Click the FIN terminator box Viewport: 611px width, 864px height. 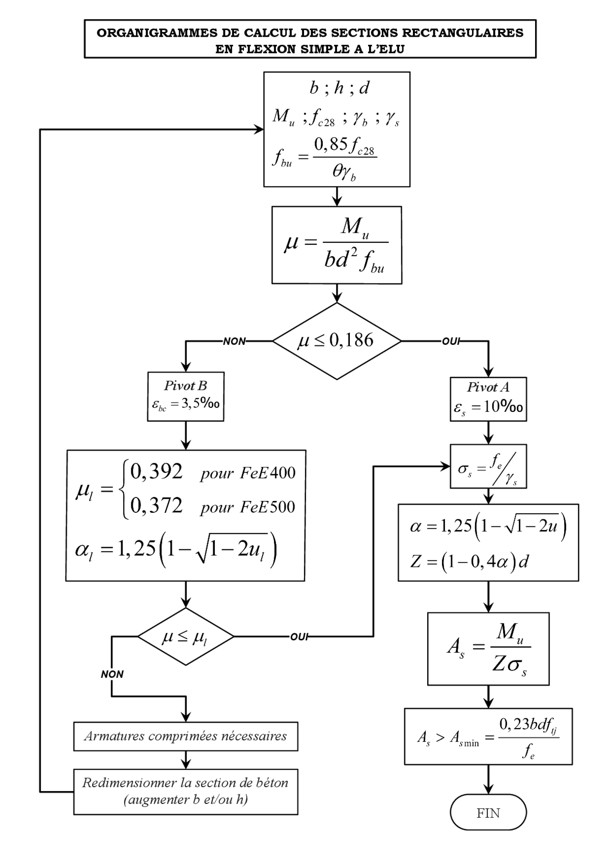(x=488, y=812)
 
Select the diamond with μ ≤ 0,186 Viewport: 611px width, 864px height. (x=337, y=341)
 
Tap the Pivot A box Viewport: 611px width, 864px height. (x=488, y=399)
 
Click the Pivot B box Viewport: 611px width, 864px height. (x=186, y=396)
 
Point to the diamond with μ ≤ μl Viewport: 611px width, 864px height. (x=185, y=636)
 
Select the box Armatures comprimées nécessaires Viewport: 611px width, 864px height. (x=186, y=736)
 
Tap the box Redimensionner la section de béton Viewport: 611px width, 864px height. (x=186, y=791)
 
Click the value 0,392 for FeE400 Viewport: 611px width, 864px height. (x=157, y=471)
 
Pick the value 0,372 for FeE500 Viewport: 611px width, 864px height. (x=157, y=506)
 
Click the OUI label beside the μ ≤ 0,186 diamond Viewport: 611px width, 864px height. (x=451, y=341)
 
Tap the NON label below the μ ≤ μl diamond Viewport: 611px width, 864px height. (x=112, y=674)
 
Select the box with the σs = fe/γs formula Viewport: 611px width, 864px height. (x=488, y=467)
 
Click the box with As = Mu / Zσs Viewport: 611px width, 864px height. (x=488, y=648)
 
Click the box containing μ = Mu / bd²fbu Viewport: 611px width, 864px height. (x=337, y=245)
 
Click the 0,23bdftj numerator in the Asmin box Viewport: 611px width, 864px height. (x=528, y=725)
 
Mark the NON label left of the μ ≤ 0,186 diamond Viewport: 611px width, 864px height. (x=234, y=341)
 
